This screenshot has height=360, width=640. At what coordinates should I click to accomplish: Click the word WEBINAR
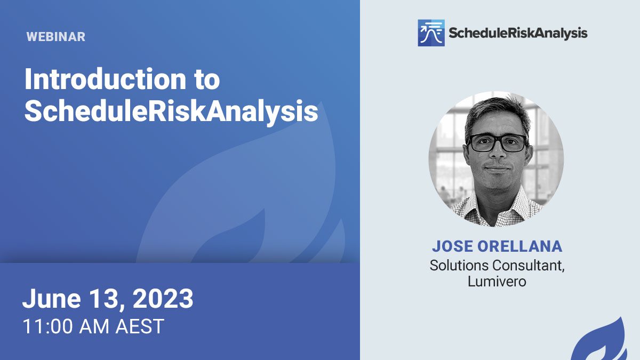point(55,37)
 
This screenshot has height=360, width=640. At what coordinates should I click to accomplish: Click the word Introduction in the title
point(105,79)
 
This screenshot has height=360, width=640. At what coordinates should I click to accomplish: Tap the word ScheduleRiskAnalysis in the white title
point(171,111)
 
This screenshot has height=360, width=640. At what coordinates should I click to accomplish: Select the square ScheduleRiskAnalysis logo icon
point(431,33)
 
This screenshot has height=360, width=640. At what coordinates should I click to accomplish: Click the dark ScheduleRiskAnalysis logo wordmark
point(518,34)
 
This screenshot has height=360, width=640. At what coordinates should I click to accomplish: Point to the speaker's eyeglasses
point(497,143)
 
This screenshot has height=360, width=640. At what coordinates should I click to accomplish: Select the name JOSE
point(452,246)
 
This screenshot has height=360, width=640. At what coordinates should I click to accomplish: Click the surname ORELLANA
point(519,246)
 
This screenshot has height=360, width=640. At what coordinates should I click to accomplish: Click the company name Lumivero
point(497,282)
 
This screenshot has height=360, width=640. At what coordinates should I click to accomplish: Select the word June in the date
point(52,298)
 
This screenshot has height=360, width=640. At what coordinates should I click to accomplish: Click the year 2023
point(163,298)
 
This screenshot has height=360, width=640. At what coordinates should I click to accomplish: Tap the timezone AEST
point(140,326)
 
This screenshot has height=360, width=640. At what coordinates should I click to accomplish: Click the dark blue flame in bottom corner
point(603,343)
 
